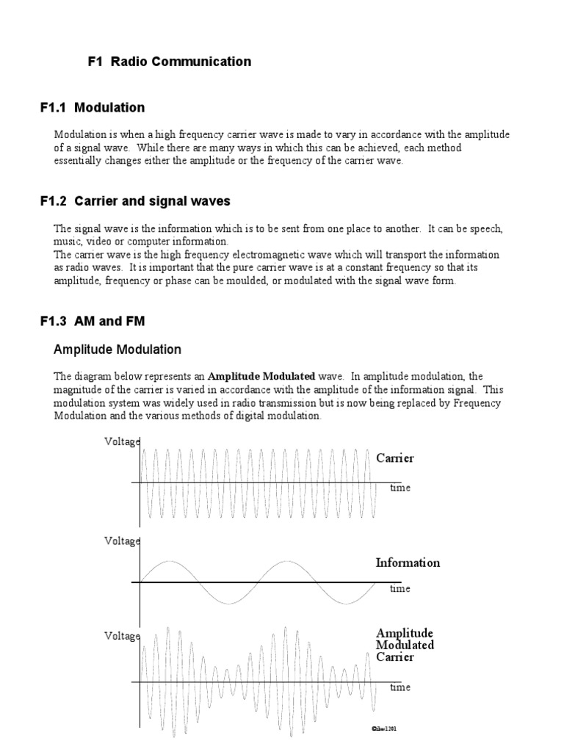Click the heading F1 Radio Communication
pyautogui.click(x=169, y=62)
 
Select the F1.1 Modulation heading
pyautogui.click(x=93, y=108)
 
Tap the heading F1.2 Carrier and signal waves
pyautogui.click(x=135, y=201)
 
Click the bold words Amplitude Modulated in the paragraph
pyautogui.click(x=256, y=376)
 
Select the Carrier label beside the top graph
pyautogui.click(x=395, y=458)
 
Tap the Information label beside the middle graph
pyautogui.click(x=408, y=563)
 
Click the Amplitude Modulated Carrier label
pyautogui.click(x=405, y=645)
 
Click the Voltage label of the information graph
pyautogui.click(x=121, y=541)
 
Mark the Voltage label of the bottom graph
pyautogui.click(x=121, y=637)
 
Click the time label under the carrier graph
pyautogui.click(x=400, y=488)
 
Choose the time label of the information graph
pyautogui.click(x=400, y=588)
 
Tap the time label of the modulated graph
pyautogui.click(x=400, y=687)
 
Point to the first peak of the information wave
pyautogui.click(x=169, y=562)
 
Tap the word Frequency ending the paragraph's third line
pyautogui.click(x=481, y=403)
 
